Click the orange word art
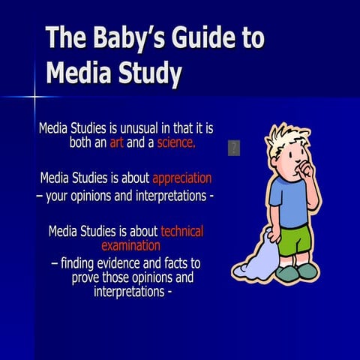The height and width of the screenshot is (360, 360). click(116, 142)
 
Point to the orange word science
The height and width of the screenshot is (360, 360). click(176, 142)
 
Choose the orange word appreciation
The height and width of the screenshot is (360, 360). click(181, 178)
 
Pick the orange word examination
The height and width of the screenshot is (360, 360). click(130, 245)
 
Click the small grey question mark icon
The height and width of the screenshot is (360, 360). click(233, 148)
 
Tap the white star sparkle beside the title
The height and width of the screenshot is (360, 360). click(34, 96)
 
